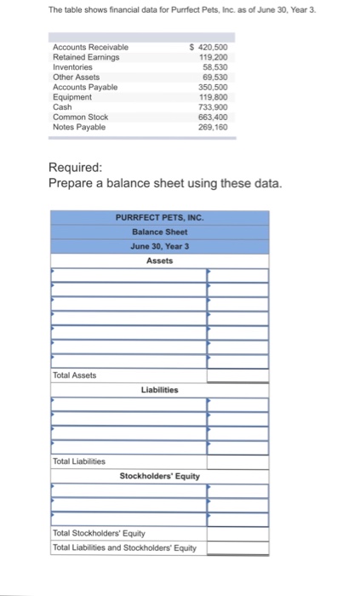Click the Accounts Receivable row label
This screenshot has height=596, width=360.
(x=91, y=47)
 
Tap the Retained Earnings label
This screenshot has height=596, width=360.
(x=86, y=57)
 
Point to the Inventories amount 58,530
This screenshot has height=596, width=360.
(x=220, y=67)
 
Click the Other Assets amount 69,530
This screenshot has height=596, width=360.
(x=220, y=77)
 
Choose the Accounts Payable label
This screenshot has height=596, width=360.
(x=85, y=87)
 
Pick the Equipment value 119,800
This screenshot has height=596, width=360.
(x=219, y=97)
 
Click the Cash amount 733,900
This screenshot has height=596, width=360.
(x=219, y=107)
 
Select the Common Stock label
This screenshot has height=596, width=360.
(x=80, y=117)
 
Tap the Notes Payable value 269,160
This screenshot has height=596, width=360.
(x=219, y=127)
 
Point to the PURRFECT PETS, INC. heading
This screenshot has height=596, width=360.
(x=159, y=218)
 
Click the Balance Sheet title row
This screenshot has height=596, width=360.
(x=159, y=232)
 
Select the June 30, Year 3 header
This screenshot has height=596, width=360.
(x=159, y=246)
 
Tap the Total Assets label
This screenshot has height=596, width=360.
(x=75, y=375)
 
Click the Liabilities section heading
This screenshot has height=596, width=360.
(x=159, y=389)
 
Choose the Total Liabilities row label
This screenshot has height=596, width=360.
(x=79, y=461)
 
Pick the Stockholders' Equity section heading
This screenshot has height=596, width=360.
(x=159, y=476)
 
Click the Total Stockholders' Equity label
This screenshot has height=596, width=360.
(x=100, y=533)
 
